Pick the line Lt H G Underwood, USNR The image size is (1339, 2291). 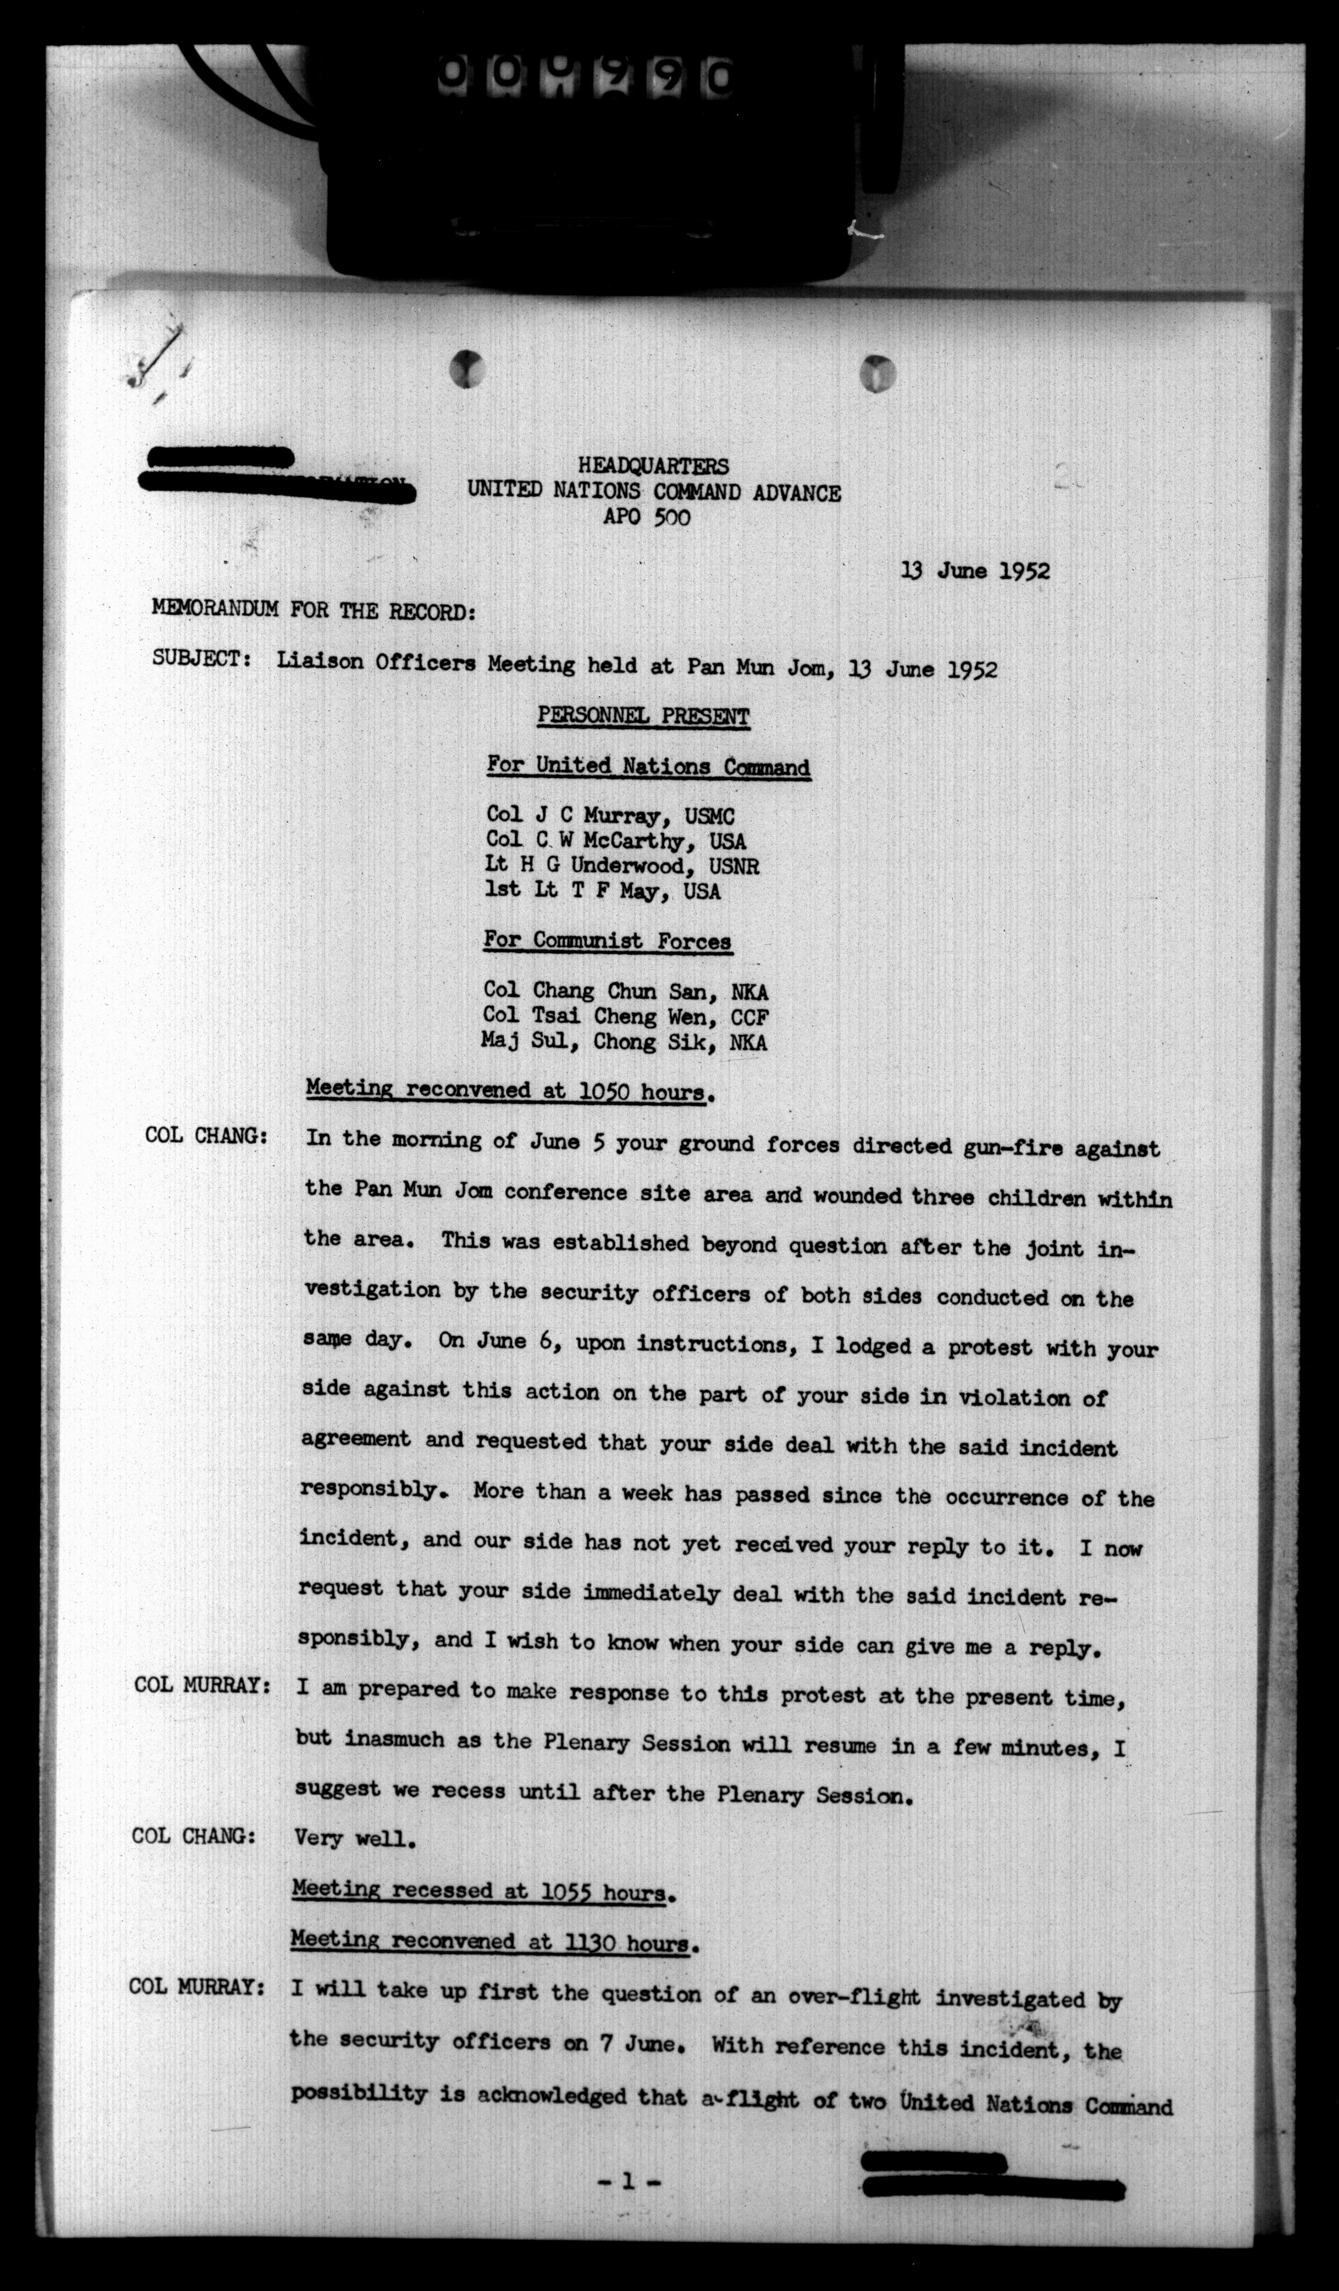[x=623, y=866]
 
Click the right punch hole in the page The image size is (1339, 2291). [x=877, y=372]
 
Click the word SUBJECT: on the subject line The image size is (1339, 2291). [x=202, y=658]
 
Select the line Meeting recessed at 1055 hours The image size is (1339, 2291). [x=483, y=1893]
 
